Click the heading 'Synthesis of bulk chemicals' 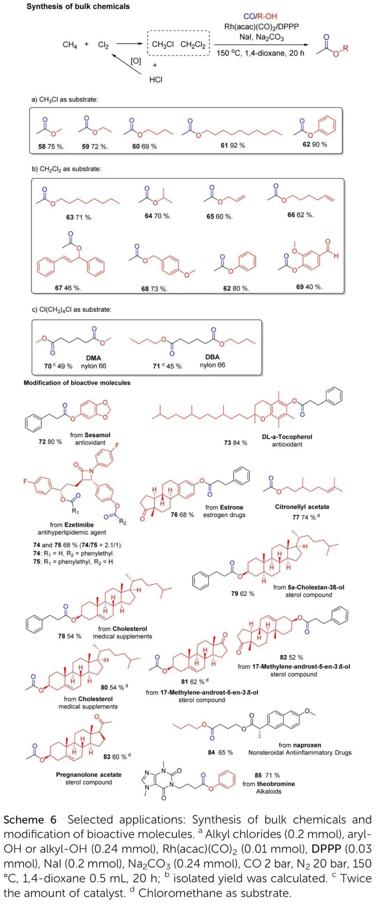pyautogui.click(x=78, y=6)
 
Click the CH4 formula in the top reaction pyautogui.click(x=70, y=45)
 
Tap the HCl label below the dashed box pyautogui.click(x=156, y=80)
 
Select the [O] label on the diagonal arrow pyautogui.click(x=135, y=61)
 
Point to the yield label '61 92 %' pyautogui.click(x=233, y=145)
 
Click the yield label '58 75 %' pyautogui.click(x=51, y=147)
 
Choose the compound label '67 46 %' pyautogui.click(x=68, y=288)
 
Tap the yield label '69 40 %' pyautogui.click(x=309, y=287)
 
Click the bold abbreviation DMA pyautogui.click(x=93, y=358)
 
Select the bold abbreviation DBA pyautogui.click(x=212, y=357)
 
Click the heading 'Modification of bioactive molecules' pyautogui.click(x=77, y=383)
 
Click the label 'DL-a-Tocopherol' pyautogui.click(x=287, y=437)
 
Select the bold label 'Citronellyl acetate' pyautogui.click(x=302, y=507)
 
